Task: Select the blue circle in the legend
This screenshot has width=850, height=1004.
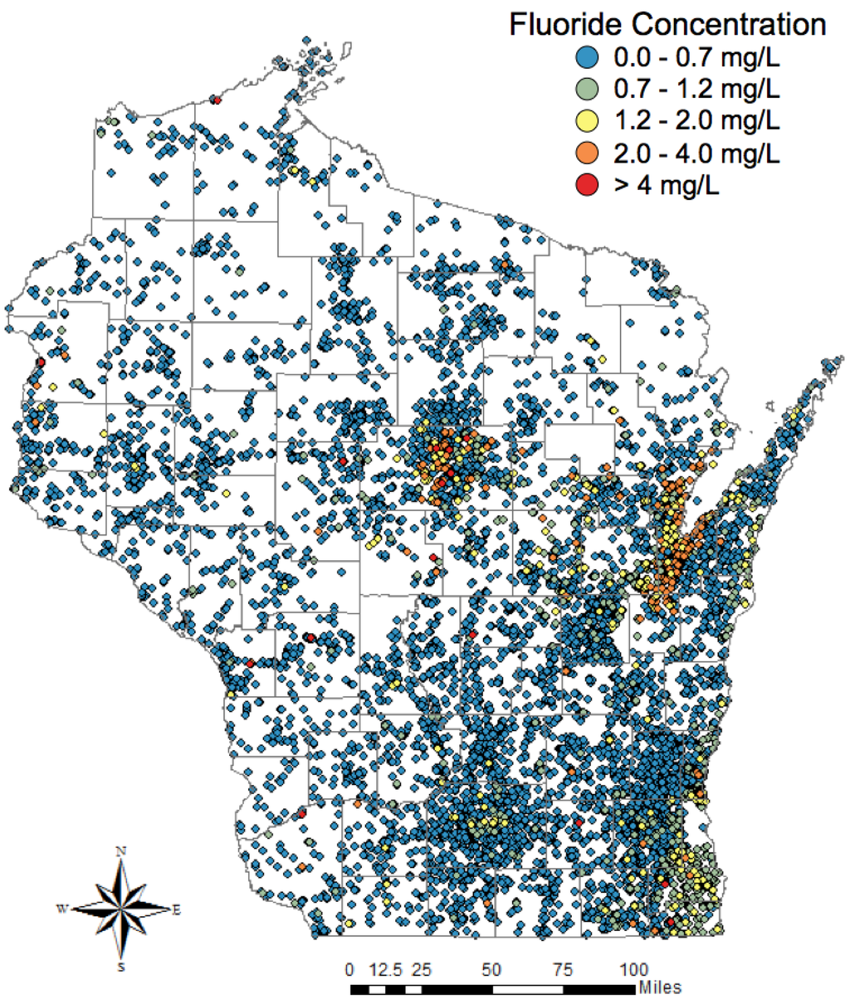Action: pos(587,57)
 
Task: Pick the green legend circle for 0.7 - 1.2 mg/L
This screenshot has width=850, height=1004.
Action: pos(587,89)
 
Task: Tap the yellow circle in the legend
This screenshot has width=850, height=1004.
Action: pos(587,121)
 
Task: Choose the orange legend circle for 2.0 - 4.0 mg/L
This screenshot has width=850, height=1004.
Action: pos(587,154)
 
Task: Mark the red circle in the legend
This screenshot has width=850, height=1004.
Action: pos(587,186)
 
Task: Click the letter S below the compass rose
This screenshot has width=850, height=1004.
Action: pos(122,967)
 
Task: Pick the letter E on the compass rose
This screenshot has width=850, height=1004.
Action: pos(176,909)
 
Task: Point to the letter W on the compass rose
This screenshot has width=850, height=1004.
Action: pos(62,909)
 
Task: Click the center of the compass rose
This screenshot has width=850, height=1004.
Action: pos(122,909)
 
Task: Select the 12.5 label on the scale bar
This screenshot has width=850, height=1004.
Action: pos(386,969)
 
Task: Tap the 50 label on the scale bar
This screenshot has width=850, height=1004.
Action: pos(491,969)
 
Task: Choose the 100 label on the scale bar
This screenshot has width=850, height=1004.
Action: pos(635,969)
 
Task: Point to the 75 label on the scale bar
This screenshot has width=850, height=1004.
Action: pos(564,969)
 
